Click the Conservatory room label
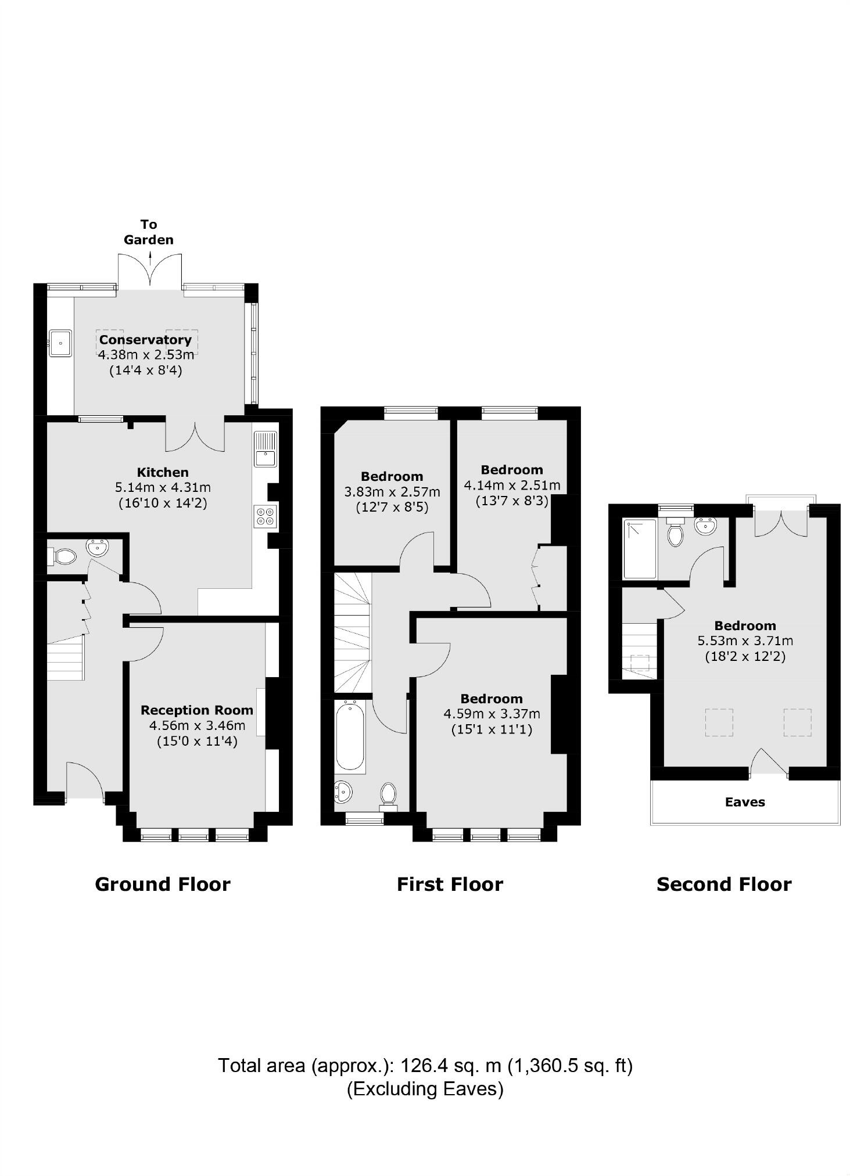click(145, 340)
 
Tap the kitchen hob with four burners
click(266, 516)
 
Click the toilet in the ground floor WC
click(64, 557)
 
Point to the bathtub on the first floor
click(350, 736)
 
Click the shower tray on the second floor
click(640, 549)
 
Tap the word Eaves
click(745, 802)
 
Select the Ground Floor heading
click(163, 884)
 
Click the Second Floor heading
click(724, 884)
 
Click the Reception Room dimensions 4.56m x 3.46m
click(197, 725)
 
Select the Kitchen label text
click(163, 472)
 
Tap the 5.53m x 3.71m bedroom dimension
click(745, 641)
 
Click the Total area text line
click(425, 1066)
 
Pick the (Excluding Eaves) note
click(425, 1088)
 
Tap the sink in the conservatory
click(60, 342)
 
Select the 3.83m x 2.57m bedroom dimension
click(392, 492)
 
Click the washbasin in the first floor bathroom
click(343, 791)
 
